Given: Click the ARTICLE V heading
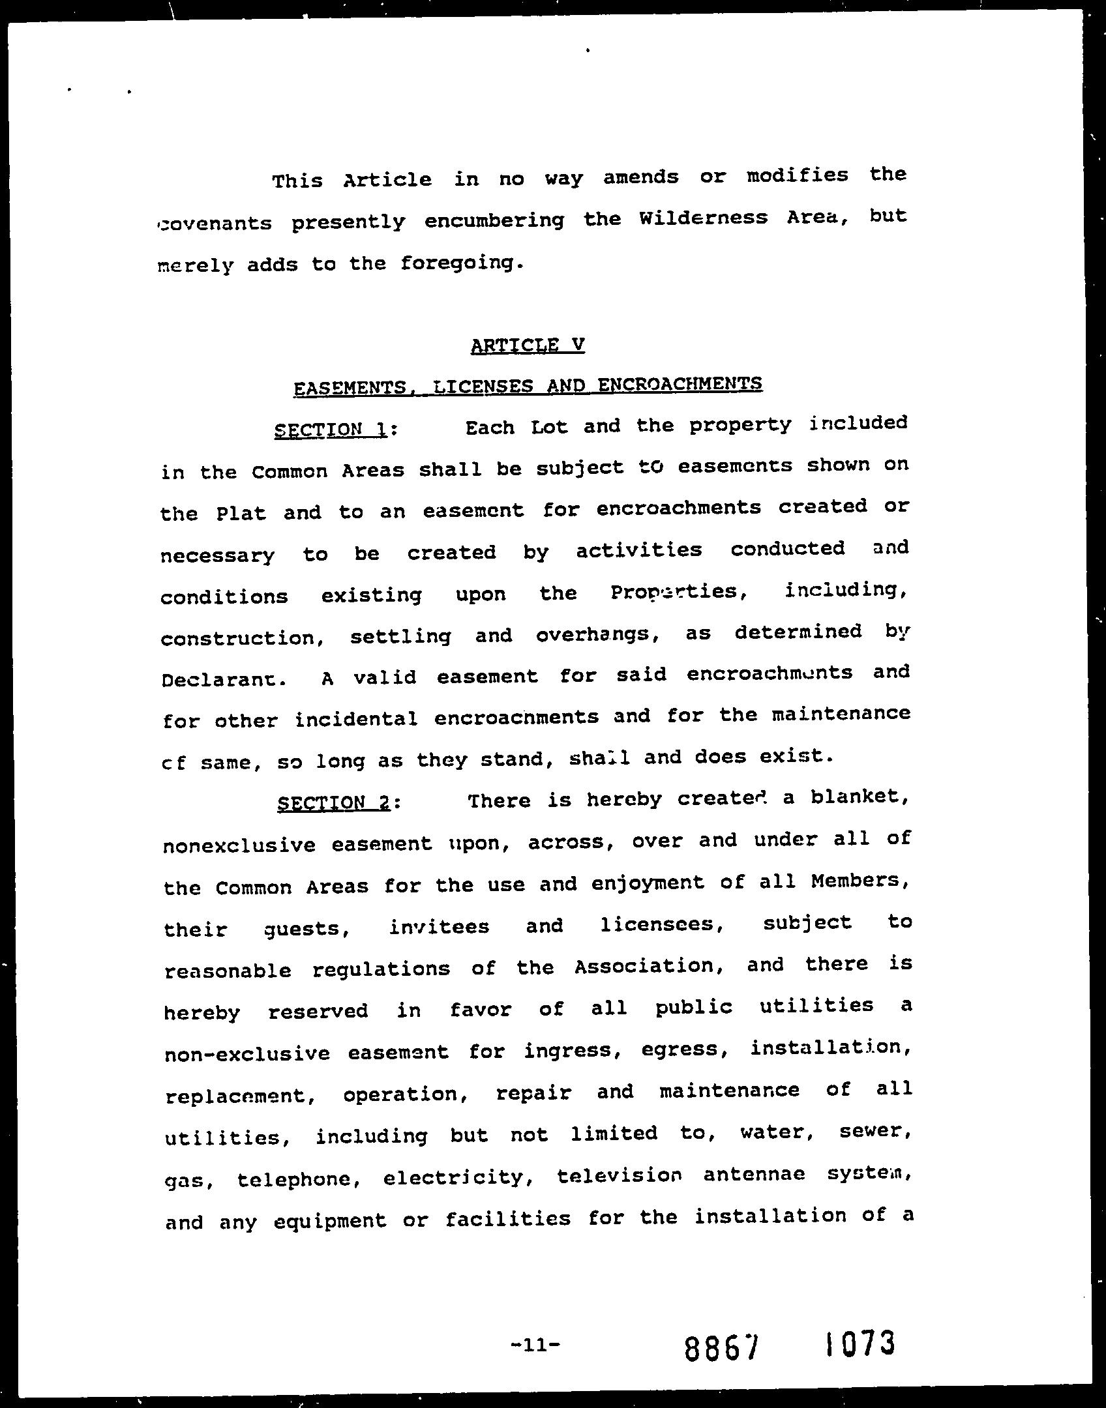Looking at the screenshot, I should click(527, 345).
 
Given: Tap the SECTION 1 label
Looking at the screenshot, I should click(332, 430).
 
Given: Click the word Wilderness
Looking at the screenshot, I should click(703, 218).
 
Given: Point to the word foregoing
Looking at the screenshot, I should click(460, 264).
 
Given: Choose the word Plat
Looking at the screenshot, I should click(241, 514).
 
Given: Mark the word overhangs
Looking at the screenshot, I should click(596, 634).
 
